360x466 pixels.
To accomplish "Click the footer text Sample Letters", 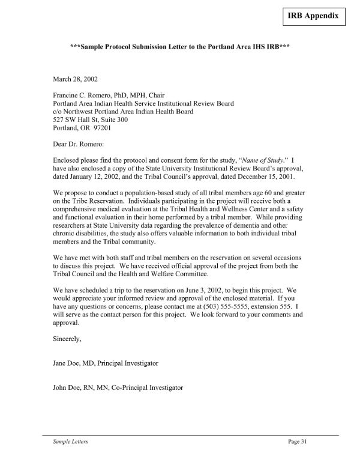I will tap(70, 443).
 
